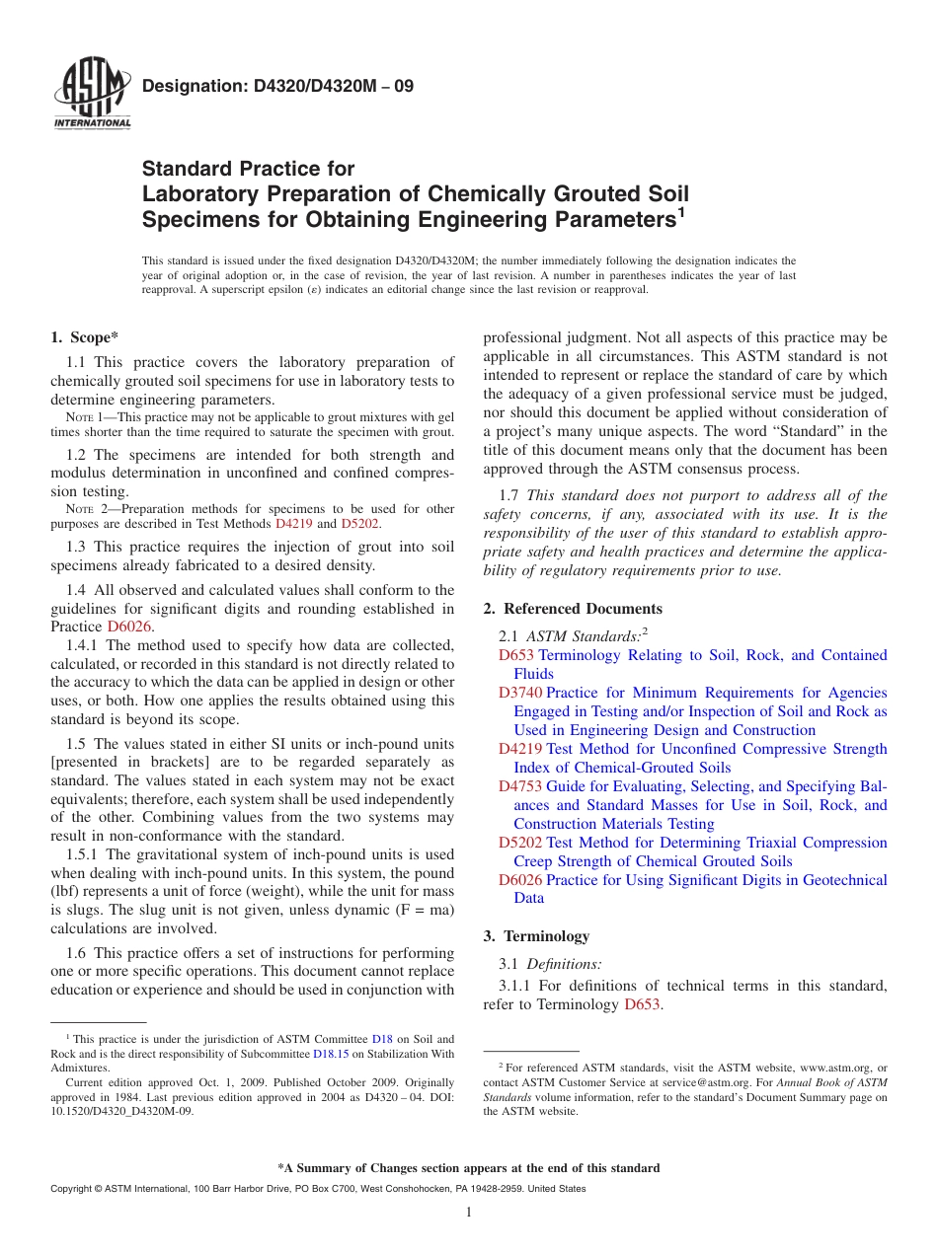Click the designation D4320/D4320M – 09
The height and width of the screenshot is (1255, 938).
pyautogui.click(x=277, y=86)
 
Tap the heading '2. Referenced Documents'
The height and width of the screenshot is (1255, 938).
pyautogui.click(x=573, y=609)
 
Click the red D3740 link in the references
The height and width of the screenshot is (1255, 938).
pyautogui.click(x=520, y=693)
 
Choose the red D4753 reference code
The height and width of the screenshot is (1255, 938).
pyautogui.click(x=520, y=786)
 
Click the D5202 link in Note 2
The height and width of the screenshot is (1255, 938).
pyautogui.click(x=359, y=524)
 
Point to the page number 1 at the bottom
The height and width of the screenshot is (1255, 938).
pyautogui.click(x=469, y=1213)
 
